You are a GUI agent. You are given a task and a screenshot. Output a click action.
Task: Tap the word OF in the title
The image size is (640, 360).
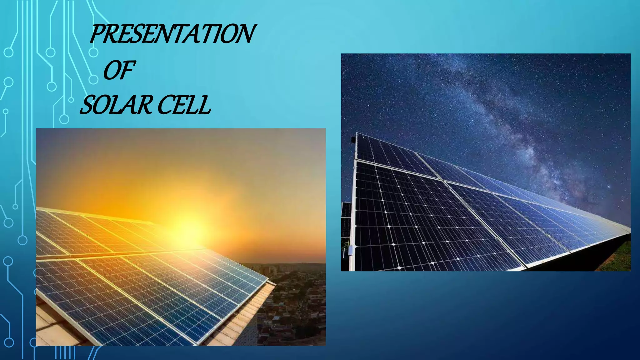[x=119, y=70]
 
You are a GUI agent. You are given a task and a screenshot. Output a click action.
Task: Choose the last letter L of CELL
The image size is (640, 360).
[x=205, y=105]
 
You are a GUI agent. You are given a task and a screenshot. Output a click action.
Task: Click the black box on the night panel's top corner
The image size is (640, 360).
[x=353, y=139]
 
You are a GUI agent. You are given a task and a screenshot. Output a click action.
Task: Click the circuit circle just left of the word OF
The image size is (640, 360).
[x=93, y=79]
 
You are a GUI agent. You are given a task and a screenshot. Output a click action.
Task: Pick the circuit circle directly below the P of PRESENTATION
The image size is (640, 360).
[x=93, y=52]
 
